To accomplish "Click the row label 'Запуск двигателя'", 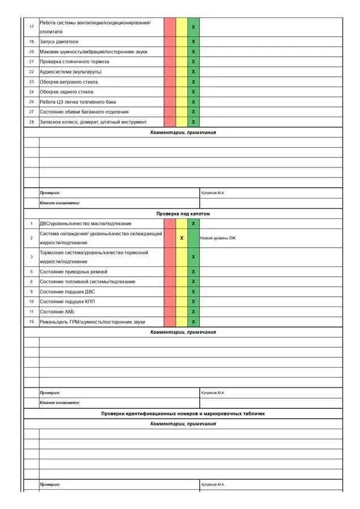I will click(x=59, y=42).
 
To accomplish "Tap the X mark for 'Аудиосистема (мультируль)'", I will click(x=193, y=72).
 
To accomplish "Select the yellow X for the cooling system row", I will click(x=182, y=238).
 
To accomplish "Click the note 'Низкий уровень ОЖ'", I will click(x=218, y=238).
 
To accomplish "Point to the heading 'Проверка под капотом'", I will click(x=183, y=214).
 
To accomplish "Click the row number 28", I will click(x=32, y=122).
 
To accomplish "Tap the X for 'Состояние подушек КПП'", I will click(x=193, y=302).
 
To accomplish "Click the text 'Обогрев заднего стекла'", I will click(x=66, y=92).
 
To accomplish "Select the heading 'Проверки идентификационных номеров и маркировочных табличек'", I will click(x=183, y=413).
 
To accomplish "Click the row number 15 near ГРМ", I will click(x=32, y=322).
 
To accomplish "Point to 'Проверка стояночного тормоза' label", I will click(x=74, y=62).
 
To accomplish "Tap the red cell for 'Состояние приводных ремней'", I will click(x=170, y=271).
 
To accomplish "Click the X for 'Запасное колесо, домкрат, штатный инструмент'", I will click(x=193, y=122).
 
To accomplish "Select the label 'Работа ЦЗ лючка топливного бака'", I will click(x=78, y=102).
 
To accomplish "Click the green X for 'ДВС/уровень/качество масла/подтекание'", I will click(x=193, y=223).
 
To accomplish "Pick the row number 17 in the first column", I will click(x=32, y=27).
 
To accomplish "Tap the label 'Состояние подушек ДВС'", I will click(x=67, y=292).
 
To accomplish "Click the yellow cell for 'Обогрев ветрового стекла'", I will click(x=182, y=82).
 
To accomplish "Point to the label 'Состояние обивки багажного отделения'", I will click(x=84, y=112).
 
